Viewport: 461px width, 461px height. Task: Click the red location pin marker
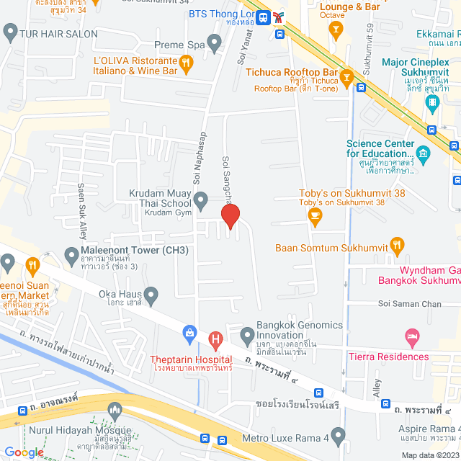click(230, 216)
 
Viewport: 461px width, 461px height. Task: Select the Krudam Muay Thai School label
click(159, 198)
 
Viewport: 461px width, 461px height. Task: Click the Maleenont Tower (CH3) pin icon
click(71, 254)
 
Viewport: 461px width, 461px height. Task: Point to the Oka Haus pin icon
click(151, 294)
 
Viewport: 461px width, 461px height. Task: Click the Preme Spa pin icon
click(215, 44)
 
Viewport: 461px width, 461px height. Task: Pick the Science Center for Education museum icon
click(423, 153)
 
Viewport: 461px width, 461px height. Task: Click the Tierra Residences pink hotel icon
click(412, 336)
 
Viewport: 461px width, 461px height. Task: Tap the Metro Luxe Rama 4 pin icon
click(339, 434)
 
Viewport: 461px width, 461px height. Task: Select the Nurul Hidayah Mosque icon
click(114, 411)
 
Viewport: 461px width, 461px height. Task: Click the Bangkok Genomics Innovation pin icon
click(246, 334)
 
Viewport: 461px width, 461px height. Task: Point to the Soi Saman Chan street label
click(410, 304)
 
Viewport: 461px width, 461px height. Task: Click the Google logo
click(24, 452)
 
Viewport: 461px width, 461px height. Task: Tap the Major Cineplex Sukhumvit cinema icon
click(431, 104)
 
